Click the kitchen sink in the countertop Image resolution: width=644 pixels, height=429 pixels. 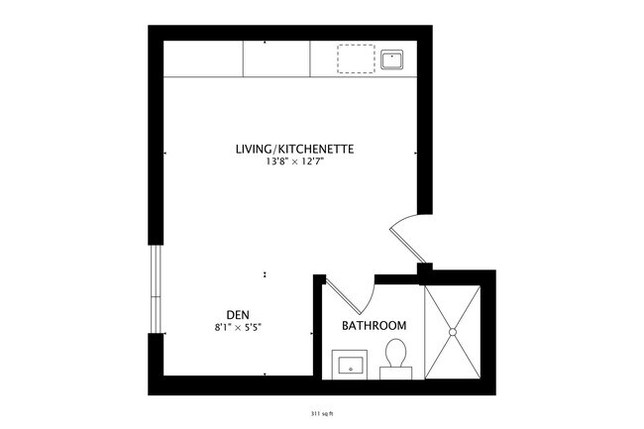tap(392, 59)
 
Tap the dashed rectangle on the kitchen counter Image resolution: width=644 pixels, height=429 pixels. tap(353, 59)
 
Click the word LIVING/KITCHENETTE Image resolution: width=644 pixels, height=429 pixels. tap(294, 150)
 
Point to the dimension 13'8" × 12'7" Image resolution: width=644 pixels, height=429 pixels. tap(294, 162)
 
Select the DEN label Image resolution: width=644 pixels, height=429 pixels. tap(237, 315)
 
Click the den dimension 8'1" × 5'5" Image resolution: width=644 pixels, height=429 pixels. tap(237, 327)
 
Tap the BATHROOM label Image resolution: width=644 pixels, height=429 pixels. tap(375, 326)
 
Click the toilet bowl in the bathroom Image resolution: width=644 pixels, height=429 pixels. tap(397, 352)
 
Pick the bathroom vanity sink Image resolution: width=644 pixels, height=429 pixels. tap(349, 364)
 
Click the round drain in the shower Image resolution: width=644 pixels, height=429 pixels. tap(452, 330)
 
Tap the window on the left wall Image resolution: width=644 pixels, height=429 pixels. tap(155, 287)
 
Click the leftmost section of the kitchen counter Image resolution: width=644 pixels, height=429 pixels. tap(203, 59)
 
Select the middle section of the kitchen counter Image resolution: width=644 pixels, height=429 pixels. tap(276, 59)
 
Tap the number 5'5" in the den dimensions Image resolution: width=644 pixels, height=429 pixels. tap(253, 327)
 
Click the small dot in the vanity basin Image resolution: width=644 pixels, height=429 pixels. tap(349, 366)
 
